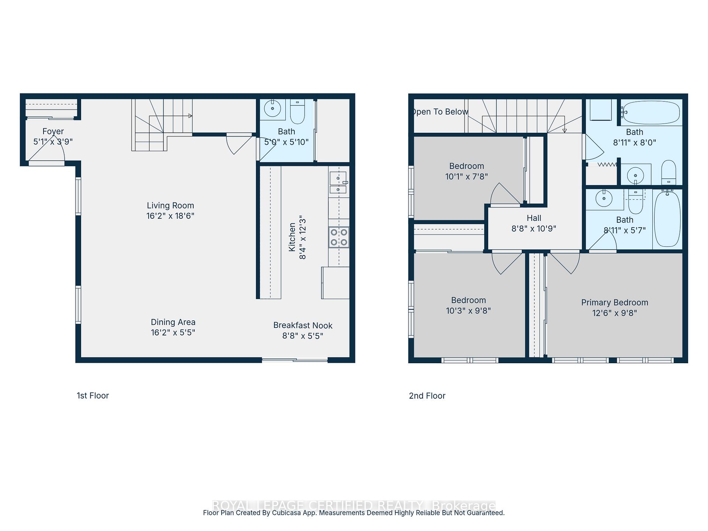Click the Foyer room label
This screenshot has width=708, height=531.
(53, 131)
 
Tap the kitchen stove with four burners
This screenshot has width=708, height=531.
(339, 237)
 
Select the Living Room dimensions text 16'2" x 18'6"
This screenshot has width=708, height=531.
(170, 216)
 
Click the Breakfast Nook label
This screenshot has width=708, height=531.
(303, 326)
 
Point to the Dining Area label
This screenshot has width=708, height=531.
(173, 322)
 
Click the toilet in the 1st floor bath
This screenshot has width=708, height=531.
(297, 112)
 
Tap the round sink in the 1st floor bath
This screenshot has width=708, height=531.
(273, 108)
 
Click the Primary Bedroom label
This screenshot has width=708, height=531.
(614, 303)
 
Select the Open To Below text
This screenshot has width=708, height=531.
(440, 112)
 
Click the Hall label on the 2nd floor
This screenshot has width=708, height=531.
(534, 218)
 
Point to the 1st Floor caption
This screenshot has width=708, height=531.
(93, 396)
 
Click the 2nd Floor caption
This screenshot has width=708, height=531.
(427, 396)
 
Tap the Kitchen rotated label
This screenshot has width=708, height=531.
(292, 237)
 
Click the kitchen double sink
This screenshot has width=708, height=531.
(338, 183)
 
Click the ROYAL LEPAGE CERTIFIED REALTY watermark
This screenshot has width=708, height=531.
(354, 505)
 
